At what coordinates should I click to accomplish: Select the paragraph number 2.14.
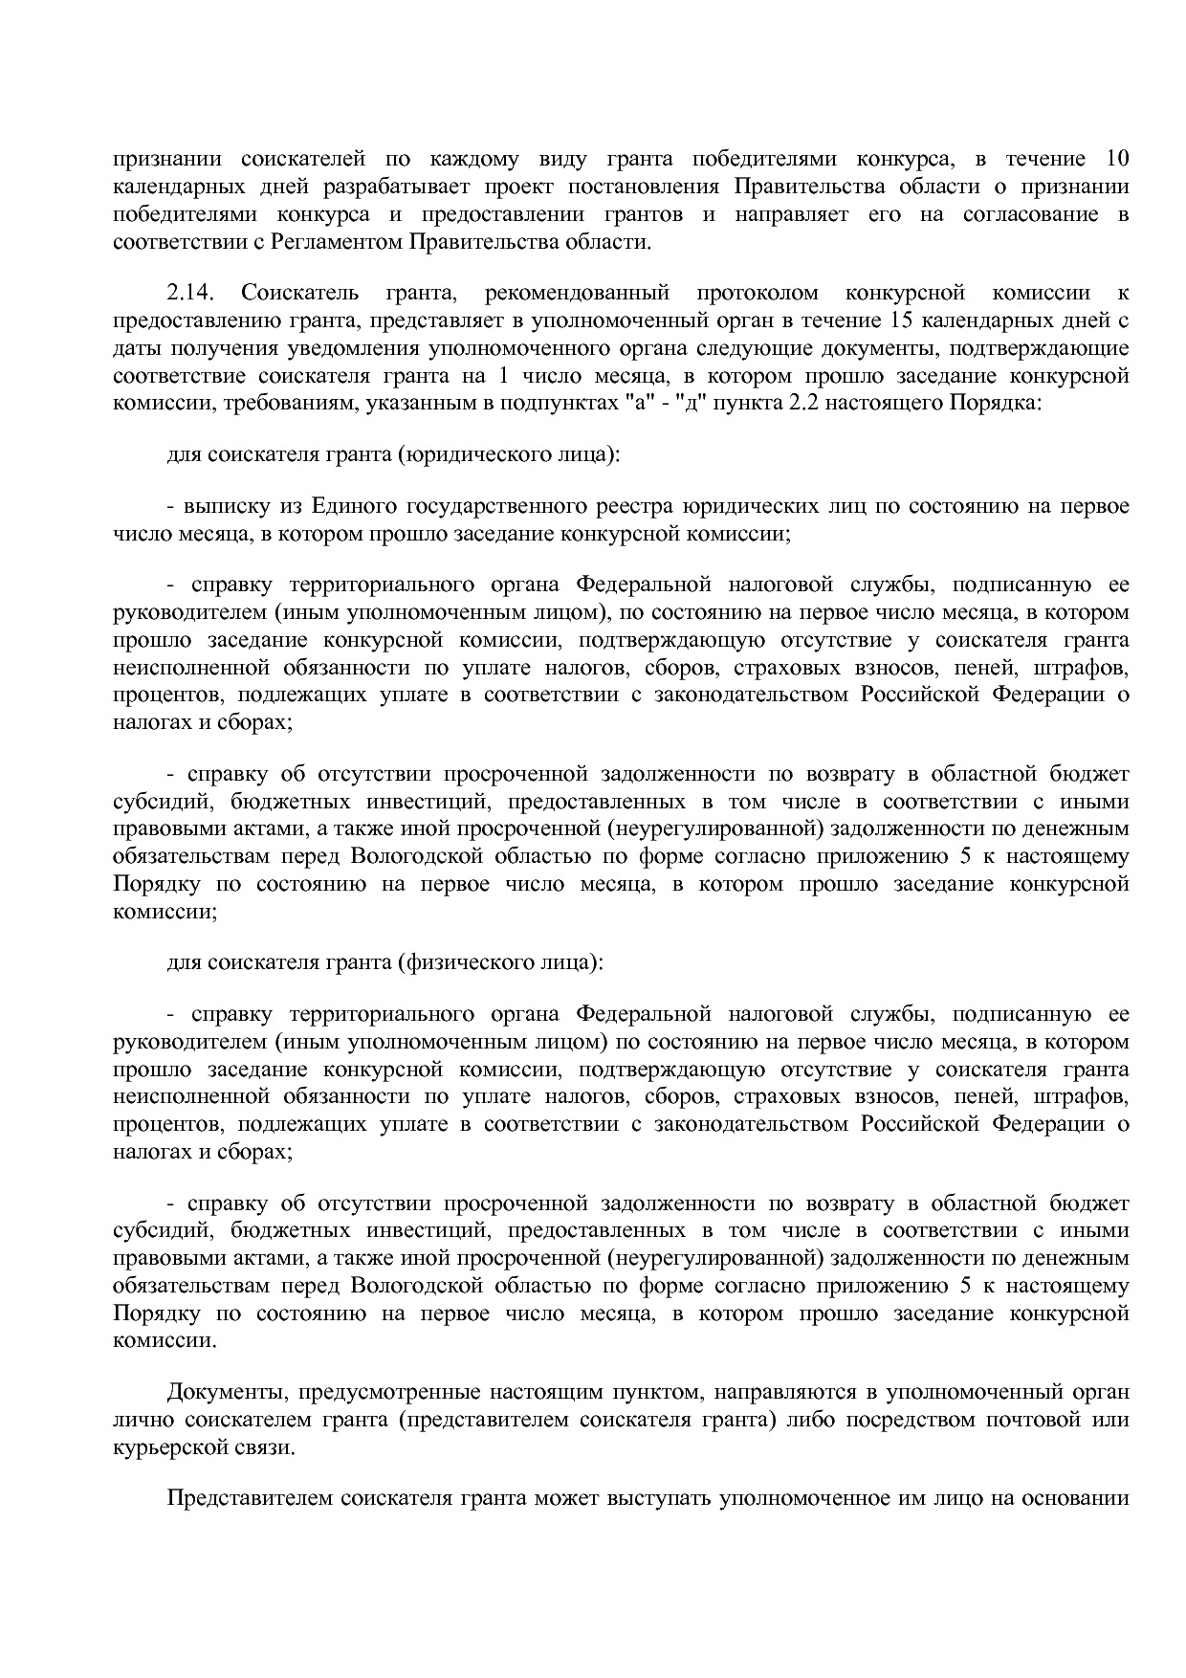[x=188, y=292]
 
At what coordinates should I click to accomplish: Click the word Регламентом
[x=337, y=241]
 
